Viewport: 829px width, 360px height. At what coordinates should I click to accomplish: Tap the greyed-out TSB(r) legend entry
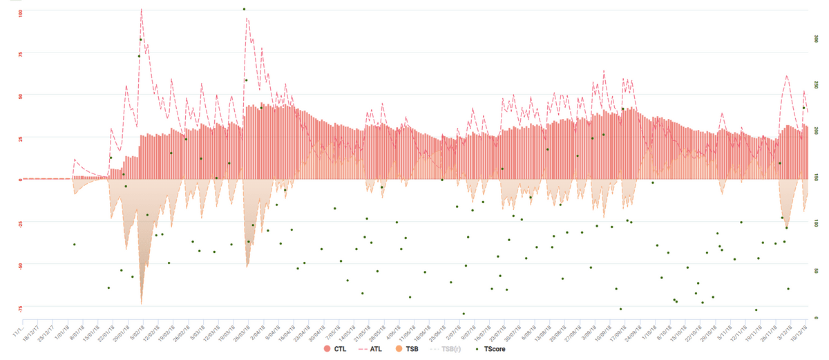448,350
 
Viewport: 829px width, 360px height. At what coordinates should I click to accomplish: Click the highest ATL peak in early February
141,10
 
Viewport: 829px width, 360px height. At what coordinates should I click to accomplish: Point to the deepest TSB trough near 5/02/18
142,303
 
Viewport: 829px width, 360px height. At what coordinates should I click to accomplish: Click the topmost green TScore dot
244,9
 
